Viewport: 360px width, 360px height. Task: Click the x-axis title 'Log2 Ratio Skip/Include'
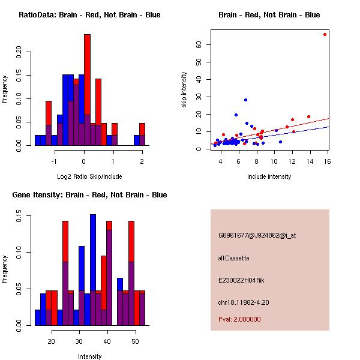pos(89,176)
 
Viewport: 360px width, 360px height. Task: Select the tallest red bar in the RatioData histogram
pos(87,90)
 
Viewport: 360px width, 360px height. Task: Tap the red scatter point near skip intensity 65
pos(325,34)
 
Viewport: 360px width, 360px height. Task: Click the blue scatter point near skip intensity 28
pos(245,100)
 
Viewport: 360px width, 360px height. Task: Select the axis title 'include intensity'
pos(269,176)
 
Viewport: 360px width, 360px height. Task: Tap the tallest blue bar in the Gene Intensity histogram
pos(93,269)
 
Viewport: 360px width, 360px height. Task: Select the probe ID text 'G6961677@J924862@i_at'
pos(257,235)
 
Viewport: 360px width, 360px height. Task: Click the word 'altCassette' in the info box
pos(233,257)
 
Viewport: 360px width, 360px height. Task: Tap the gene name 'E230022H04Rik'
pos(241,280)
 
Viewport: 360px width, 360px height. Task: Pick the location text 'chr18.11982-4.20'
pos(243,302)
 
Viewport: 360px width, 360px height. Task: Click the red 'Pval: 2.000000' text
pos(239,320)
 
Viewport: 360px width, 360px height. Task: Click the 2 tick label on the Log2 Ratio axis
pos(142,161)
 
